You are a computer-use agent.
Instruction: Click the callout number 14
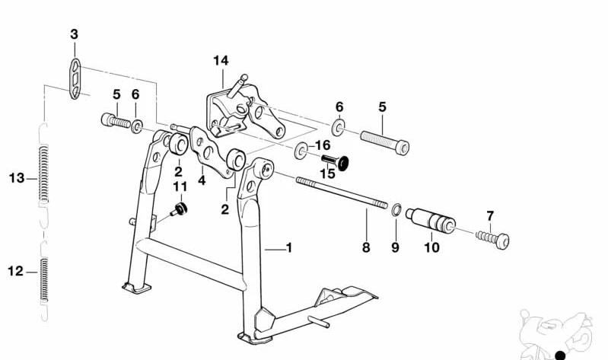221,61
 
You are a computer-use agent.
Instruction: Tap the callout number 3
74,34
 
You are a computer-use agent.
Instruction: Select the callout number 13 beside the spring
17,178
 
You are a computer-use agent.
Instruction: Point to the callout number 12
16,271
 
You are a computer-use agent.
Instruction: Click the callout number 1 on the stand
289,247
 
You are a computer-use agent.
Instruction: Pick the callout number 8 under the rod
366,247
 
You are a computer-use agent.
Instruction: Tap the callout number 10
431,247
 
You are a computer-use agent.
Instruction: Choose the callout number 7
490,216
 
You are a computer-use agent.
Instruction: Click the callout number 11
180,187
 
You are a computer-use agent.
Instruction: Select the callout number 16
323,145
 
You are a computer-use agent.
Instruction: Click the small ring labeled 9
396,210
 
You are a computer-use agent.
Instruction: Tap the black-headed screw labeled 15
336,161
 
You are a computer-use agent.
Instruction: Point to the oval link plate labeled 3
75,78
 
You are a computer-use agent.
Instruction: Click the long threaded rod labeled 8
342,193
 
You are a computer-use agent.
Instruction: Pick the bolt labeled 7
492,239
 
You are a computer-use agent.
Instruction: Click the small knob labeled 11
179,209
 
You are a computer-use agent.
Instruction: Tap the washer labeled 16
301,151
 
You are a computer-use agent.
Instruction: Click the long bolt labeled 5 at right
384,142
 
